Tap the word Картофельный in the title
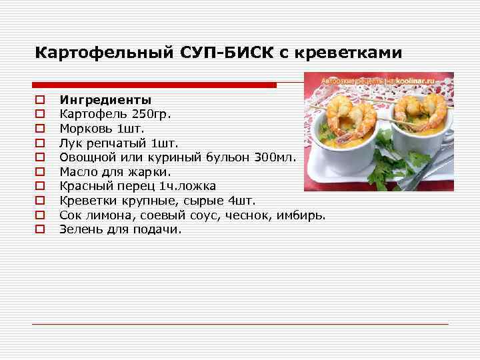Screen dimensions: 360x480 (x=105, y=52)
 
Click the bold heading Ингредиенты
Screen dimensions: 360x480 (x=100, y=100)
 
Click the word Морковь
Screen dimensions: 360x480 (x=84, y=128)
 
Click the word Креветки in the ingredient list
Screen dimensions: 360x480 (x=85, y=200)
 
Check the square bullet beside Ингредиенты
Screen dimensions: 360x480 (x=40, y=101)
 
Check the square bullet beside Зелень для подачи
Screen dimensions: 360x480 (x=40, y=229)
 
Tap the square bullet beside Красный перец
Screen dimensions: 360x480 (x=40, y=186)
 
